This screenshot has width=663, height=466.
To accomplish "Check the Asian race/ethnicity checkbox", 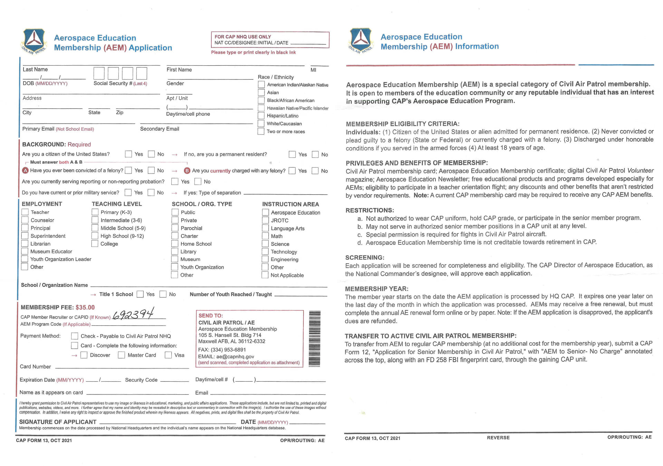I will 261,92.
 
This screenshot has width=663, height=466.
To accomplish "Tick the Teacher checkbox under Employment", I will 25,212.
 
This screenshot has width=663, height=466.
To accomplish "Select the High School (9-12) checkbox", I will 95,236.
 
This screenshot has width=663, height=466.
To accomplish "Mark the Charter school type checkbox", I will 175,236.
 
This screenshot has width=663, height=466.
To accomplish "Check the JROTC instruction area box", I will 265,220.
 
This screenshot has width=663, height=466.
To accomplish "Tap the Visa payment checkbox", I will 168,355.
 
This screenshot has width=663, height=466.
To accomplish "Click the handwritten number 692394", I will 133,314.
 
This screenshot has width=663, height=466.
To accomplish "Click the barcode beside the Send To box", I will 315,339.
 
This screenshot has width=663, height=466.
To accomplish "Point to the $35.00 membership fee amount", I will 85,307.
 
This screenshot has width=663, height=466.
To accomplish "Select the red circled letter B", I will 187,170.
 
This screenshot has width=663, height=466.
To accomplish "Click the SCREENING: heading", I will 365,258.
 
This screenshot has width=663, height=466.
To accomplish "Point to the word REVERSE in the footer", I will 498,438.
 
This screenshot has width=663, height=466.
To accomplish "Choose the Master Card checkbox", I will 121,355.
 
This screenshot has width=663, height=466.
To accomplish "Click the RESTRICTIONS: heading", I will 369,210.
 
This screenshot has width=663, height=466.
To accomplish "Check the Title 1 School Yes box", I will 140,294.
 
